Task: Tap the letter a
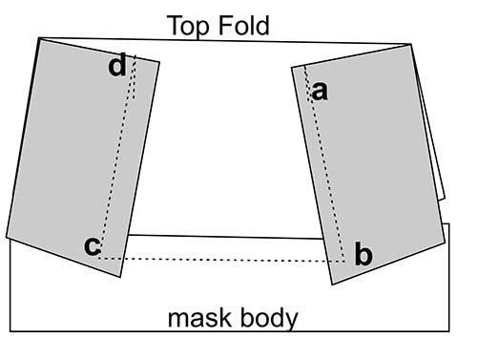point(320,91)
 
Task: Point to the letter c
point(92,245)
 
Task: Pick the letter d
point(117,67)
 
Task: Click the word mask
point(197,317)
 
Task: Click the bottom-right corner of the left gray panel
point(121,278)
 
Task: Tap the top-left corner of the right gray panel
point(291,67)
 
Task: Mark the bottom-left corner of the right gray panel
point(331,284)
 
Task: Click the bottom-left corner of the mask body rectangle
point(10,331)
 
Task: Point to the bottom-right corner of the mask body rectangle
point(449,331)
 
